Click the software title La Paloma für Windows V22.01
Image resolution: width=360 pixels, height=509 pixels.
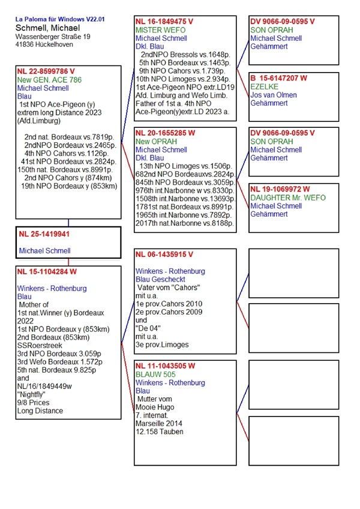[60, 19]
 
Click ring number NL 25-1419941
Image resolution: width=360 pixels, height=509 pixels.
[44, 234]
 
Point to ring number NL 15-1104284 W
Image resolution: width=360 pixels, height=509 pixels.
[47, 271]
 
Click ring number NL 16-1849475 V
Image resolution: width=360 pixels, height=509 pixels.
[164, 21]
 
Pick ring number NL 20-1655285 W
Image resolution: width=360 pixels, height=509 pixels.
[165, 133]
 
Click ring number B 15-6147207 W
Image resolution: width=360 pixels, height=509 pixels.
[279, 78]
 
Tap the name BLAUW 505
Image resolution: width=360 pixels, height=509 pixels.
[154, 374]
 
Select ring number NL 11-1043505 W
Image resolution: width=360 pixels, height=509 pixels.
[165, 366]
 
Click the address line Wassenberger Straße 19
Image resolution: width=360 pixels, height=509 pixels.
[53, 37]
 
